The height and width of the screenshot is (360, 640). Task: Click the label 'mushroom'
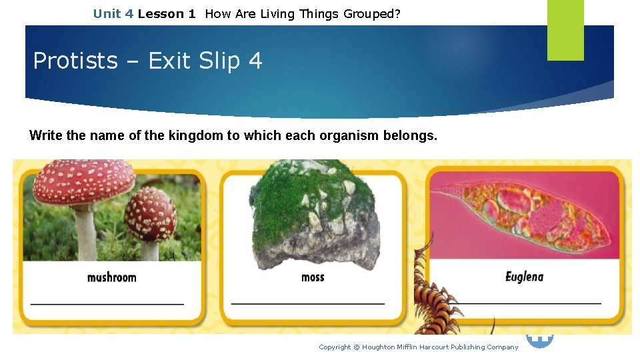[x=111, y=277]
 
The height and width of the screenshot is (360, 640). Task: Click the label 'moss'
[x=313, y=277]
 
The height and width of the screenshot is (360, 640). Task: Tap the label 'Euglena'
[x=524, y=277]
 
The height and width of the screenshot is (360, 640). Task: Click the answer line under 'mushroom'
[x=107, y=304]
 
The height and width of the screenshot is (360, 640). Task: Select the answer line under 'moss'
[x=308, y=304]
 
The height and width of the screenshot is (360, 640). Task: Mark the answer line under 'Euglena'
[x=527, y=303]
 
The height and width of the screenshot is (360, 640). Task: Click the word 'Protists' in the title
[x=75, y=61]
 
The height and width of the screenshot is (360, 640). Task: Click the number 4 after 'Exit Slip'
[x=255, y=61]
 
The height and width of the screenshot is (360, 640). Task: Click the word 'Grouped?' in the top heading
[x=372, y=13]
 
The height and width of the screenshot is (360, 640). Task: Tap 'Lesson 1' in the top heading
[x=167, y=13]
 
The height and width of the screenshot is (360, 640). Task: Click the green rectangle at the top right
[x=565, y=30]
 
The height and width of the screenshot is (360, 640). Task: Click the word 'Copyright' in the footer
[x=335, y=347]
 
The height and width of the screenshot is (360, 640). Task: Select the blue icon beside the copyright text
[x=540, y=341]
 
